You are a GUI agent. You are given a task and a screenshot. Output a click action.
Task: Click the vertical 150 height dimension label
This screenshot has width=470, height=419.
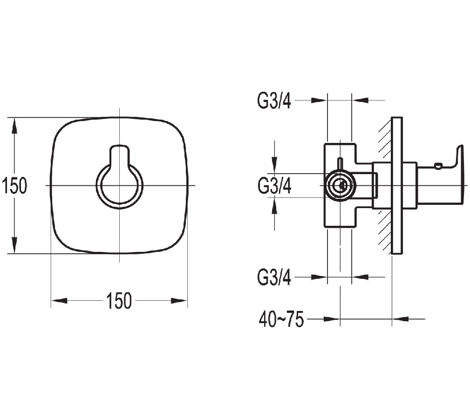click(14, 186)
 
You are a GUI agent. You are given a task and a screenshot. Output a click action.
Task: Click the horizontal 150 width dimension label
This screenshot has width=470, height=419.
click(119, 301)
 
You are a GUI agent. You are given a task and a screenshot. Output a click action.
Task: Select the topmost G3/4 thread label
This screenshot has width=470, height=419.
click(274, 101)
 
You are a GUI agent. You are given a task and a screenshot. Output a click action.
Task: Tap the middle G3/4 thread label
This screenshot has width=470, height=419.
click(274, 186)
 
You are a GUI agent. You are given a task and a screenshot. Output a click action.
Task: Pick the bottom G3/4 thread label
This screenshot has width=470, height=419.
click(274, 278)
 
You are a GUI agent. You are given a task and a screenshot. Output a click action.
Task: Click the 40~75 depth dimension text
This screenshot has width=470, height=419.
click(281, 320)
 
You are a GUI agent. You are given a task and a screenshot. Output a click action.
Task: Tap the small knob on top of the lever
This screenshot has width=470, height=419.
click(437, 165)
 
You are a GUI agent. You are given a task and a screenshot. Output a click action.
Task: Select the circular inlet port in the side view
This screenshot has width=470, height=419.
click(341, 185)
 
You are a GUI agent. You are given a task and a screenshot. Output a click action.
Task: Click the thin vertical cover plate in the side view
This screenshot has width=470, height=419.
click(396, 185)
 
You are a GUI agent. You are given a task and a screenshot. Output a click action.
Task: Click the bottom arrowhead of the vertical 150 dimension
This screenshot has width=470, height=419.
click(15, 246)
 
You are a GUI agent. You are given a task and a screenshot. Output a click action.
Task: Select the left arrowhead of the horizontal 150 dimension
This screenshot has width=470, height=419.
click(59, 301)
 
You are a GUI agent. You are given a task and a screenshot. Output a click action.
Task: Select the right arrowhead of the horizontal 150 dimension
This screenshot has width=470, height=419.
click(179, 301)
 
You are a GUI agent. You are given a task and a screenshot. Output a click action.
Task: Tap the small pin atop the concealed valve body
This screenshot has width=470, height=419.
click(340, 164)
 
